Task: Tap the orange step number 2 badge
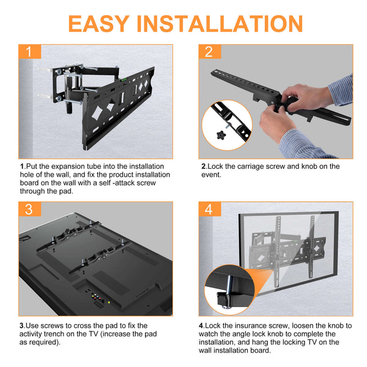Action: tap(209, 51)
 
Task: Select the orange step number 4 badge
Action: tap(209, 209)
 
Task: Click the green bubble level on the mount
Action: tap(127, 77)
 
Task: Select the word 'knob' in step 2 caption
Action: tap(309, 166)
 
